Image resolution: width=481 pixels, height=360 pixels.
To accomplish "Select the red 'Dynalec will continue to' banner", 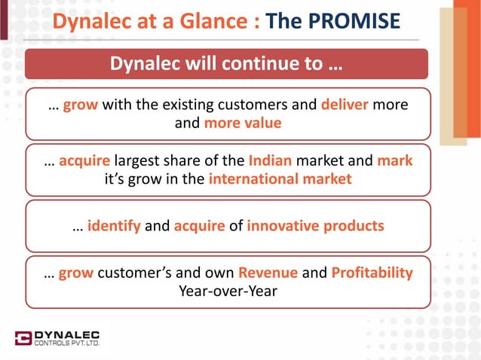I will point(227,64).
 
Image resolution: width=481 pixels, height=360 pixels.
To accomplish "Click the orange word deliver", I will point(345,105).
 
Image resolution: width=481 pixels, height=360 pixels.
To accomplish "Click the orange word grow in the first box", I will point(81,105).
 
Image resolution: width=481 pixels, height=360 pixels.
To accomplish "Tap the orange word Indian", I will point(268,161).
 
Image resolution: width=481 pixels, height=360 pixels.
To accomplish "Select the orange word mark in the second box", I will point(394,161).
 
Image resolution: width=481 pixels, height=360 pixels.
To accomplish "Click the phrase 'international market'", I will point(280,179).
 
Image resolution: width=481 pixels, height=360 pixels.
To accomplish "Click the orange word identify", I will point(113,226).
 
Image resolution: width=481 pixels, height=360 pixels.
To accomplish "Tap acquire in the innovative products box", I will point(199,226).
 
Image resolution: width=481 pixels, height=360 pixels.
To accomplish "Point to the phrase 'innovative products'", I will point(315,226).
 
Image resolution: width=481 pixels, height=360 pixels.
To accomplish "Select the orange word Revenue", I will point(268,273).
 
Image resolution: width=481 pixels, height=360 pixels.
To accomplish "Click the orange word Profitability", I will point(372,273).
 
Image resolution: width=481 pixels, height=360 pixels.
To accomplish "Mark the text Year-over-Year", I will point(227,291).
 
